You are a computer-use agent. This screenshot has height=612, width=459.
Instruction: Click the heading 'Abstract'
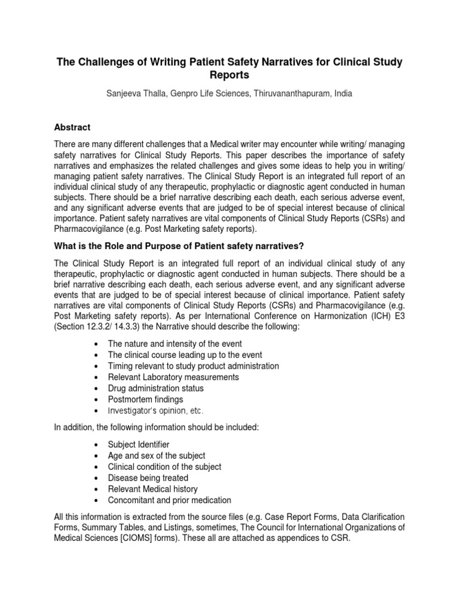pos(72,127)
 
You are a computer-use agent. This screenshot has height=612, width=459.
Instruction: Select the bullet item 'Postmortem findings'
pos(145,399)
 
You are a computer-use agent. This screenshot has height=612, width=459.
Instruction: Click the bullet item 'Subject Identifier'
pos(139,445)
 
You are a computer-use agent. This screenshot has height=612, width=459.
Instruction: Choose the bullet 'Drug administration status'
pos(155,388)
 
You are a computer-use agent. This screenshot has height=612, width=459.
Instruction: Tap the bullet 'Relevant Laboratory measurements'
pos(173,377)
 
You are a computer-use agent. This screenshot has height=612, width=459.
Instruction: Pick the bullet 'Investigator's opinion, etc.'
pos(155,411)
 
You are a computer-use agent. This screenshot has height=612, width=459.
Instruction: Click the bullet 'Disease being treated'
pos(148,478)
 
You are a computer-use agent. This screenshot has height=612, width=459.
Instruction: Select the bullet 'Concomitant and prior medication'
pos(169,500)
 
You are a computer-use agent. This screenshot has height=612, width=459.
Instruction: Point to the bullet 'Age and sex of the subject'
pos(156,456)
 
